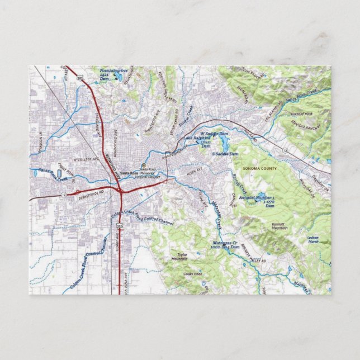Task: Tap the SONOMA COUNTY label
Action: tap(259, 168)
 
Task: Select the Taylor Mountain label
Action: tap(179, 258)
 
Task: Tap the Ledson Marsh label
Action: tap(312, 239)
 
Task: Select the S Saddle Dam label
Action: tap(222, 153)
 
